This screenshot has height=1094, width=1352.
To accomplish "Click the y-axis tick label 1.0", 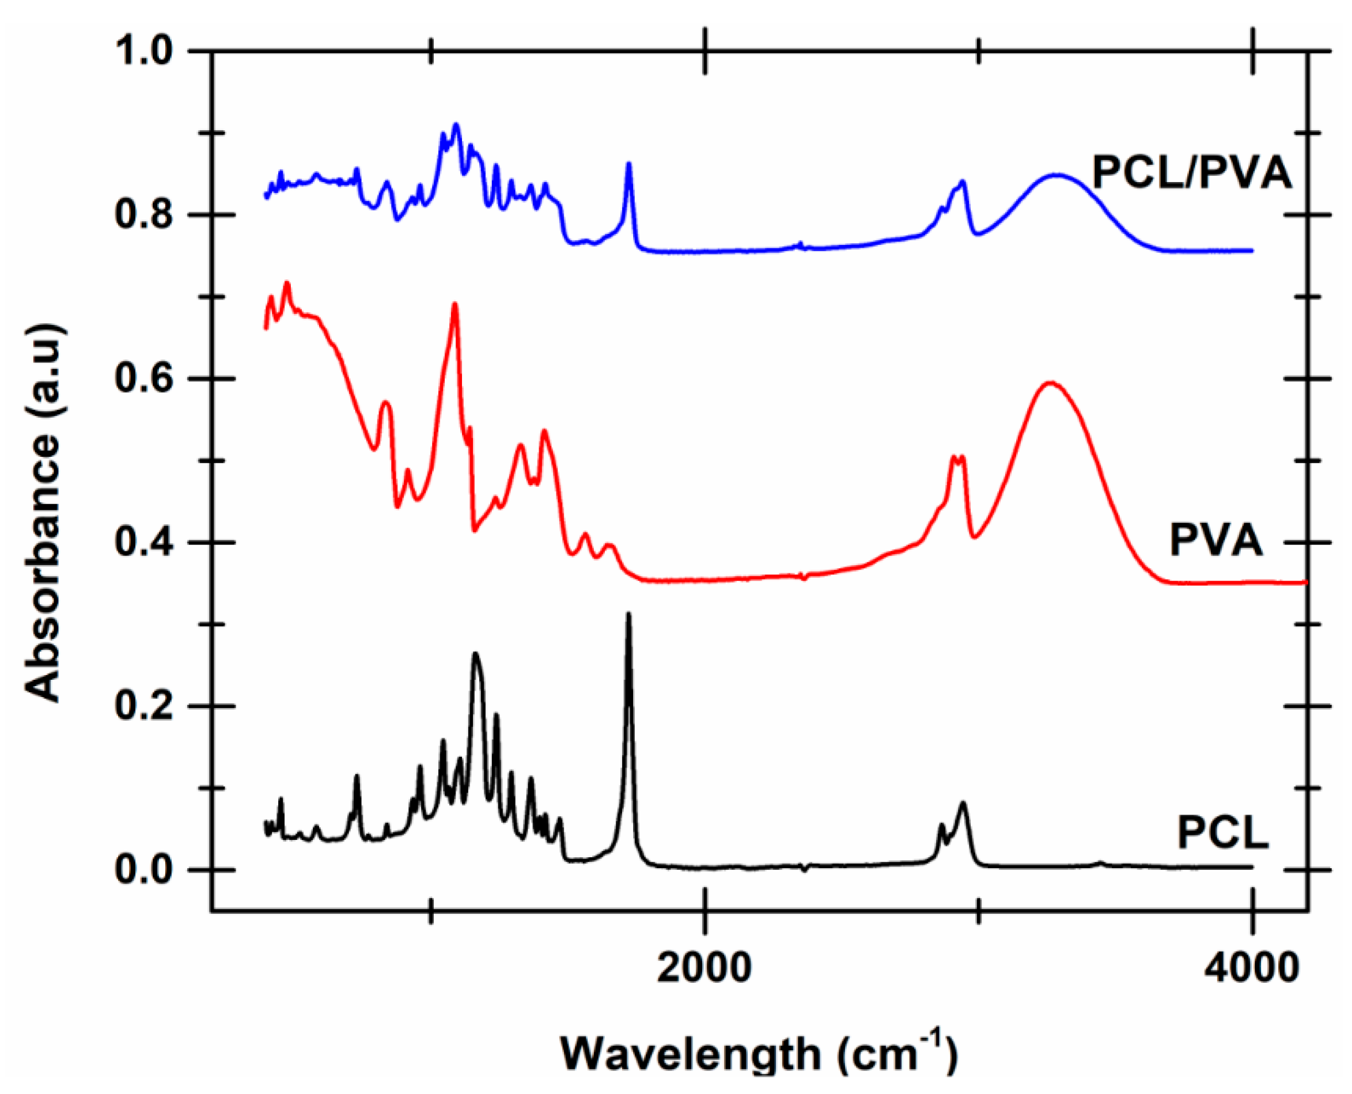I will point(143,51).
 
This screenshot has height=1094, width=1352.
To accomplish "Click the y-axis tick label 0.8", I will point(143,214).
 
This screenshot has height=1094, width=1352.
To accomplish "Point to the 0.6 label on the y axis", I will point(143,378).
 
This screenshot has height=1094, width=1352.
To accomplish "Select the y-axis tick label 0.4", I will point(143,543).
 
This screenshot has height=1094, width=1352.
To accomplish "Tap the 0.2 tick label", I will point(143,706).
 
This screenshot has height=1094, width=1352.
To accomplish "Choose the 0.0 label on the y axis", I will point(143,870).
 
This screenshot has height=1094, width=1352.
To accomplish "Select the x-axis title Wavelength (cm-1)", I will point(759,1053).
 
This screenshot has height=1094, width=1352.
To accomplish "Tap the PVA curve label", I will point(1217,539).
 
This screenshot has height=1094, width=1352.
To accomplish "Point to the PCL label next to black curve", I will point(1223,832).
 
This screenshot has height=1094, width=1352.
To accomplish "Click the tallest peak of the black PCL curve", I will point(628,615).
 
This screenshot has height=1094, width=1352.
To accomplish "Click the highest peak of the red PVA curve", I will point(455,304).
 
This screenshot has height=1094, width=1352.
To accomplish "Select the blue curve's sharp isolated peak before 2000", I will point(628,165).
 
